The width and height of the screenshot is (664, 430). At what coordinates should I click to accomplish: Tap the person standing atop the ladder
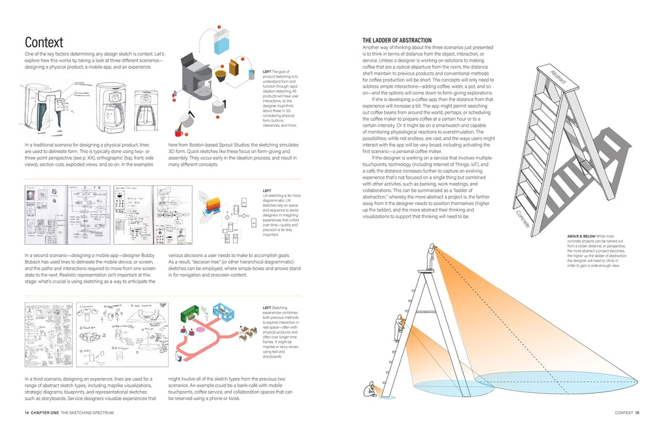click(x=430, y=256)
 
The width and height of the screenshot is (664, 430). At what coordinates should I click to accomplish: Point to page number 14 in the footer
click(x=27, y=412)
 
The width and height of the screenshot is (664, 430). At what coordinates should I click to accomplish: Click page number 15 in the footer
click(x=637, y=412)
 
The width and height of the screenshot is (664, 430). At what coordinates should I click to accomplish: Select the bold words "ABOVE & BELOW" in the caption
click(x=581, y=237)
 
